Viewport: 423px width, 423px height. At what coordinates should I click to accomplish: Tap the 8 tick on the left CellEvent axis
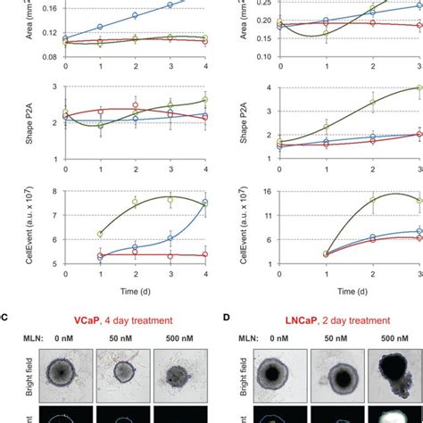coord(54,191)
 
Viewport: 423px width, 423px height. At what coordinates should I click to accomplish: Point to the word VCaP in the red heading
coord(94,319)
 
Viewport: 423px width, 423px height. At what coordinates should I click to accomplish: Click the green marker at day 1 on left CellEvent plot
coord(100,234)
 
